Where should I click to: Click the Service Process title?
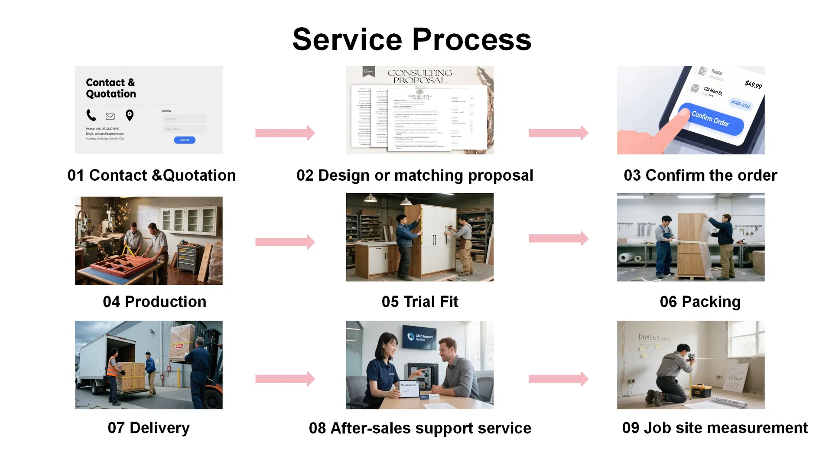[x=412, y=39]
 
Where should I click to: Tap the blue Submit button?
[x=185, y=140]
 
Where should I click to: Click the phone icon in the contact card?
[x=91, y=115]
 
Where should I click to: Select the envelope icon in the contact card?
[x=110, y=116]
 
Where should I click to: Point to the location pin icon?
[x=130, y=115]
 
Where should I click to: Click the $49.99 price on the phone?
[x=753, y=84]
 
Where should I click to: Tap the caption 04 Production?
[x=155, y=302]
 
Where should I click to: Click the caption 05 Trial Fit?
[x=419, y=302]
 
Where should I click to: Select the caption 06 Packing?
[x=700, y=302]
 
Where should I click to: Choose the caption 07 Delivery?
[x=149, y=428]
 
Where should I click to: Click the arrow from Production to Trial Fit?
[x=285, y=242]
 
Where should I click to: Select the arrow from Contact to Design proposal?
[x=285, y=133]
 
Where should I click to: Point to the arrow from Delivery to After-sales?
[x=285, y=379]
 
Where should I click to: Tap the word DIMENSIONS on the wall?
[x=654, y=338]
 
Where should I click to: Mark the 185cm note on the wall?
[x=735, y=378]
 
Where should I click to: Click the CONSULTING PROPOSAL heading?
[x=419, y=76]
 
